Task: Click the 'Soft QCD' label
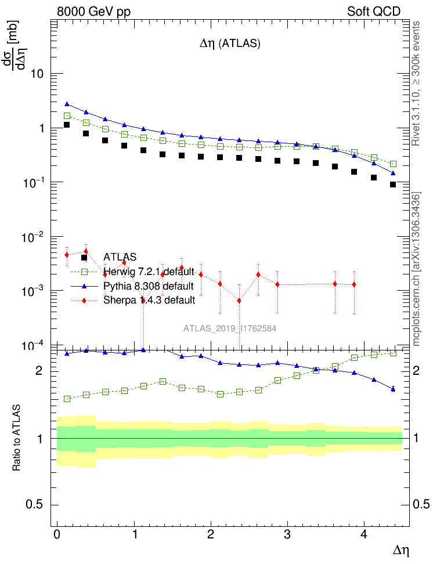pos(374,12)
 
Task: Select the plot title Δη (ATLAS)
pos(230,44)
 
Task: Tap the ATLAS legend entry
pos(120,256)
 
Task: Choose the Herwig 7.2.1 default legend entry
pos(148,272)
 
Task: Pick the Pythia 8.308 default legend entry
pos(148,286)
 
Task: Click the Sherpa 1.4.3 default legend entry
pos(149,301)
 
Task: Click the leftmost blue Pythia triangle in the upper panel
pos(67,104)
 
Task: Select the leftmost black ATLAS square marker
pos(67,125)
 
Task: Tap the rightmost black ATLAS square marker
pos(393,185)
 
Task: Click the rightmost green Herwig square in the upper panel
pos(393,164)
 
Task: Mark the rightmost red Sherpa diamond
pos(354,284)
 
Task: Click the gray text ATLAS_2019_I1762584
pos(230,328)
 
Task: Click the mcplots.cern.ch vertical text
pos(416,270)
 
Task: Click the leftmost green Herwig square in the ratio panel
pos(67,399)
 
